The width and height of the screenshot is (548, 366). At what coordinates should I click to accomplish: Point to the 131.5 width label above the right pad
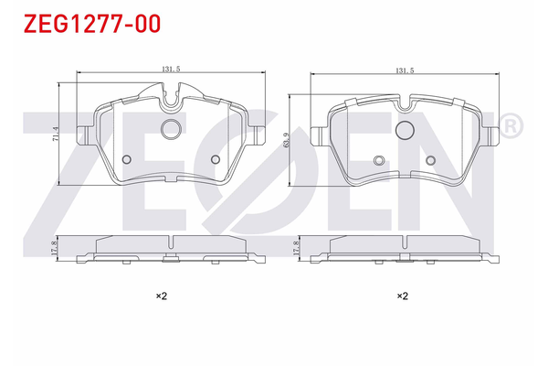405,70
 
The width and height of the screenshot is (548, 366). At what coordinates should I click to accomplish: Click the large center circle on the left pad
171,130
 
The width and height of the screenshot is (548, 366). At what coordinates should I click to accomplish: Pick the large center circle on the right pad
404,130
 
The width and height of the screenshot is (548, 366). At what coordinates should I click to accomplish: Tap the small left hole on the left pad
126,160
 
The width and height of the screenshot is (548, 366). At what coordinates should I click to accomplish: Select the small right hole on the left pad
216,160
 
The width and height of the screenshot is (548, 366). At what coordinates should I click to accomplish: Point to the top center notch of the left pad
171,92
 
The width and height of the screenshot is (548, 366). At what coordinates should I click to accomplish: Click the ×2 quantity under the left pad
161,296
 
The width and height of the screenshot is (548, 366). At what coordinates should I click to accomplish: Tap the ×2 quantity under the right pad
402,296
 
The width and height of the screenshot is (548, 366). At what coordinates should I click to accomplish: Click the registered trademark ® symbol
511,124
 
